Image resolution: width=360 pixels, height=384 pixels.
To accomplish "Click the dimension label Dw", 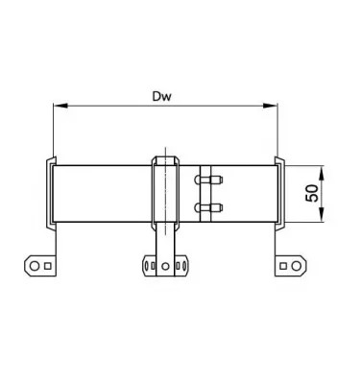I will click(165, 97).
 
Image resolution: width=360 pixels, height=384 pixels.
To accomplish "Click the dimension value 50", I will click(312, 193).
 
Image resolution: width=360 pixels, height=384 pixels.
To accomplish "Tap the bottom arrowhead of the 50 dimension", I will click(321, 218).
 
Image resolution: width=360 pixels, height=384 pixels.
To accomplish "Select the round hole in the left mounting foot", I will click(32, 262).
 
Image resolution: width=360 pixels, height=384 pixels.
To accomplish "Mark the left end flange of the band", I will click(49, 193).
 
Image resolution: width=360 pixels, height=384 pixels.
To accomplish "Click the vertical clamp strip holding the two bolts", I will click(203, 193).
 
